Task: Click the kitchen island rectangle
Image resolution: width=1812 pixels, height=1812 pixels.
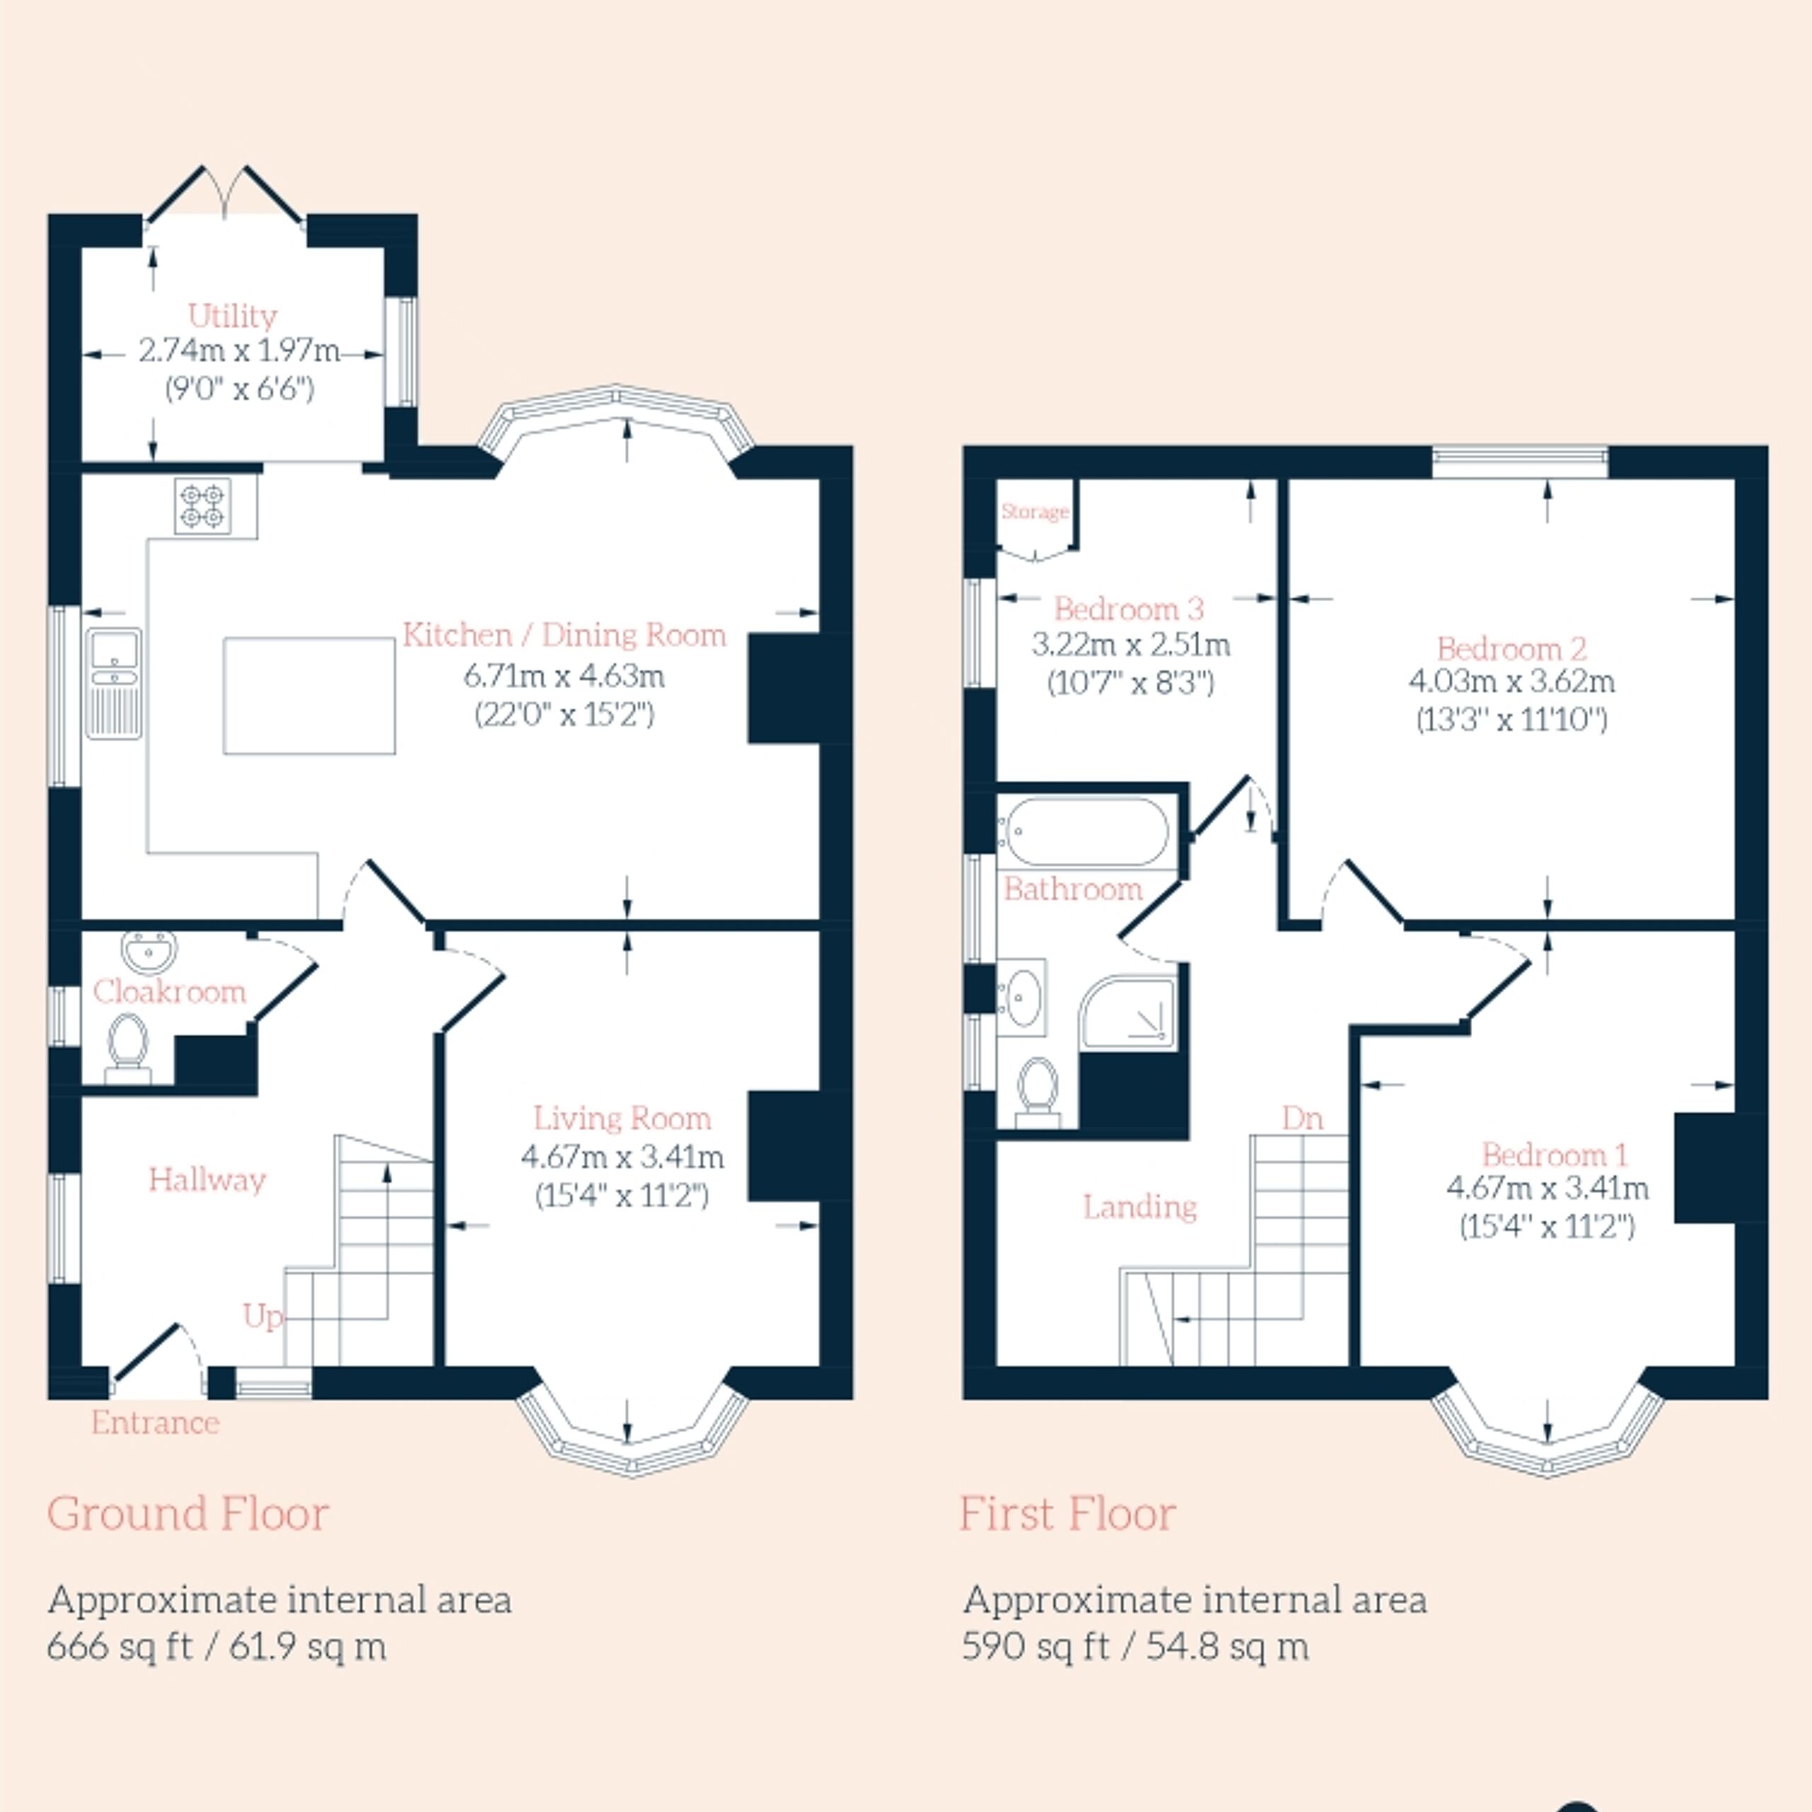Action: click(x=309, y=695)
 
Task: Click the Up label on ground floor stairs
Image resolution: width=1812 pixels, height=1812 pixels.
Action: click(x=263, y=1317)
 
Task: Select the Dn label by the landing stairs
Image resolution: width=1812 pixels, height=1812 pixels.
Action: click(x=1302, y=1118)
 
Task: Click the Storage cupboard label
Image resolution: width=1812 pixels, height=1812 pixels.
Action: click(x=1036, y=511)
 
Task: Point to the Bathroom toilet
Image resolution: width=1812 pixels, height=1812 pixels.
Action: click(x=1038, y=1091)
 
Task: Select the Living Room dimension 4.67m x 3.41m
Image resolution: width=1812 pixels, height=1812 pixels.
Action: click(x=623, y=1157)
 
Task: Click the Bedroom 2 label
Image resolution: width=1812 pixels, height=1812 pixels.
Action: click(x=1512, y=648)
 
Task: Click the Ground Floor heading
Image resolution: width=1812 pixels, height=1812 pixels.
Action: click(x=188, y=1514)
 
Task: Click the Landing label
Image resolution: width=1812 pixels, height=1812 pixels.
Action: click(x=1140, y=1206)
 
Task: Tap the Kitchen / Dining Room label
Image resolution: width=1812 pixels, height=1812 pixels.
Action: click(x=565, y=635)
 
